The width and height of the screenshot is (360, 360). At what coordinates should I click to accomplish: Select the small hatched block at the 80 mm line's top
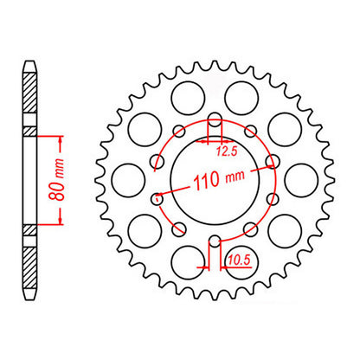coord(30,132)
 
